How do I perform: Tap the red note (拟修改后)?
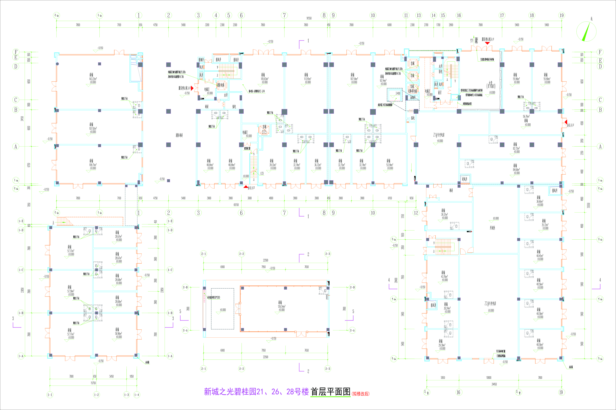361,394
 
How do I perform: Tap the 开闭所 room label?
492,228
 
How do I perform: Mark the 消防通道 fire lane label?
179,135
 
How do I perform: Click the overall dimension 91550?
309,18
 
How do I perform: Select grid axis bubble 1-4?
137,395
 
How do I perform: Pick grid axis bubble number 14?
433,15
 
